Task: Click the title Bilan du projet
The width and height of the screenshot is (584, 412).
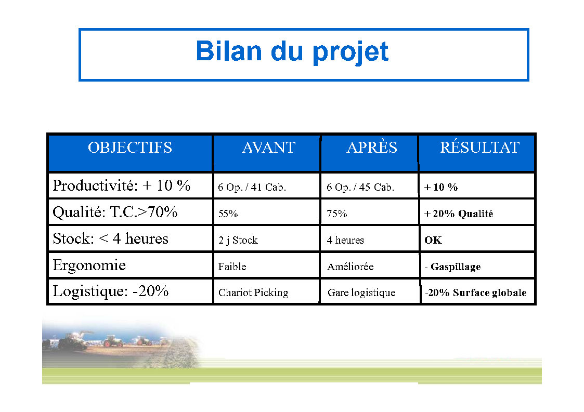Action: tap(292, 51)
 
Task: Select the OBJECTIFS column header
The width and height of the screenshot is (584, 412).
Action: tap(130, 148)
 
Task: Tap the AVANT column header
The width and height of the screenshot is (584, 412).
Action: tap(268, 148)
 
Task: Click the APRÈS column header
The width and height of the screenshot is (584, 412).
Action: tap(372, 147)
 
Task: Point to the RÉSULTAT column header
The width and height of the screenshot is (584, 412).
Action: tap(479, 147)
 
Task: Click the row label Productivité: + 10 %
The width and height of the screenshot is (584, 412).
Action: tap(121, 185)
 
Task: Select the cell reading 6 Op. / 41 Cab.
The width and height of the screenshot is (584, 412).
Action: tap(252, 187)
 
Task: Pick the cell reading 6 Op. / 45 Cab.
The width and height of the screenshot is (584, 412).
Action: tap(360, 187)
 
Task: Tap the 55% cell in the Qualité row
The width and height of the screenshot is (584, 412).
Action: tap(228, 214)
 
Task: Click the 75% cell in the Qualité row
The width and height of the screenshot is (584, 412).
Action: tap(337, 214)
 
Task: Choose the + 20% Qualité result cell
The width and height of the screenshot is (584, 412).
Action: tap(459, 214)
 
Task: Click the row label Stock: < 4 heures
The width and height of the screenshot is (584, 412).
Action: tap(111, 238)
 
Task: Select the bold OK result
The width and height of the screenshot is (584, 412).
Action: tap(433, 240)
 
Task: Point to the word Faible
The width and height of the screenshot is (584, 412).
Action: tap(232, 267)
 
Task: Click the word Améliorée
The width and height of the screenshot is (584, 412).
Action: tap(351, 267)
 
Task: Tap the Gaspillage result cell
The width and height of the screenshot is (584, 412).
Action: tap(453, 267)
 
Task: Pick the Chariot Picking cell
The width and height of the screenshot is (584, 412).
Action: tap(254, 293)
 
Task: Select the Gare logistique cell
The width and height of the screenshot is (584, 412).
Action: tap(361, 293)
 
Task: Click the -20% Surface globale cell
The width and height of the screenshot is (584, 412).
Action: tap(476, 293)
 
